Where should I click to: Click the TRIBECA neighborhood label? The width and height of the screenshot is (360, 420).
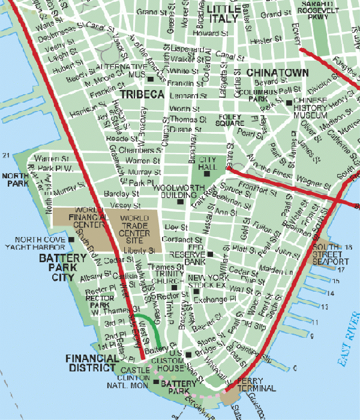142,95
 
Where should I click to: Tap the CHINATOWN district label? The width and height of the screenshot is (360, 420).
277,73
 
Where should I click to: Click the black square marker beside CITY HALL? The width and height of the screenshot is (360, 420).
207,174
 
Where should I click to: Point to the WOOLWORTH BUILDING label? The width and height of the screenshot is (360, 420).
175,191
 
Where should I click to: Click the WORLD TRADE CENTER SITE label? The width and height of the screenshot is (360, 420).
137,227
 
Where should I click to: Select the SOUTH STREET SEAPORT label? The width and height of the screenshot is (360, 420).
329,254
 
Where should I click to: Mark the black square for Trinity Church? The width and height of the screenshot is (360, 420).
174,286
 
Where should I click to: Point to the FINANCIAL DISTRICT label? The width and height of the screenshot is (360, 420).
91,363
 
